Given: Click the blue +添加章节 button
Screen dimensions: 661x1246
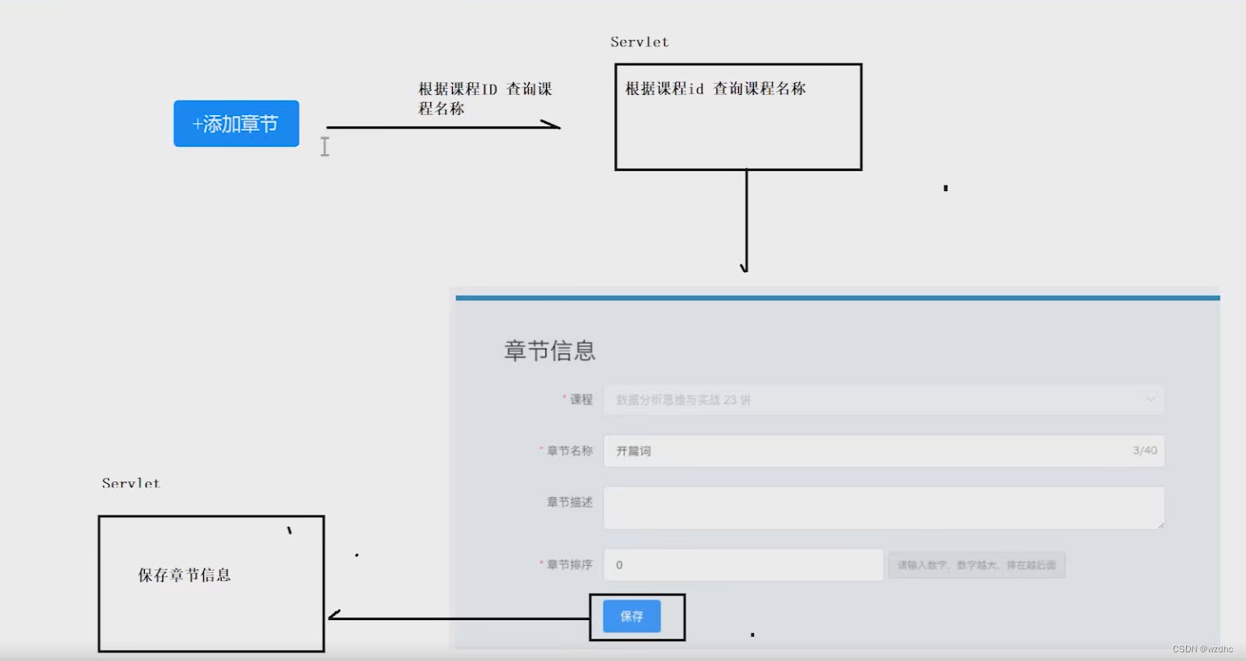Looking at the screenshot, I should [236, 124].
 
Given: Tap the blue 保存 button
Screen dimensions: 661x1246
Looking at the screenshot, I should [632, 617].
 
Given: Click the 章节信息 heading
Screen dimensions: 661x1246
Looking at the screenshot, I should [550, 351].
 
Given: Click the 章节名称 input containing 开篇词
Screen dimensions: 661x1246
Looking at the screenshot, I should [864, 452].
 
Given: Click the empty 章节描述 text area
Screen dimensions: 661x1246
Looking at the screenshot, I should [883, 508].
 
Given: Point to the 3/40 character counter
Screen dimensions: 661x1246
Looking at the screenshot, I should [1144, 451].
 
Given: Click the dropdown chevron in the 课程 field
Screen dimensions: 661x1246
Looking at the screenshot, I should [1150, 400].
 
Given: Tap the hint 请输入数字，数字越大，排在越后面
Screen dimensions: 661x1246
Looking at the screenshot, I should [976, 566].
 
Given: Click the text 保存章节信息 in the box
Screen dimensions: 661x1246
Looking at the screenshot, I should [184, 576].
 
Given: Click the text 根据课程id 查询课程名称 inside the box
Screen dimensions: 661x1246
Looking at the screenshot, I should [715, 89].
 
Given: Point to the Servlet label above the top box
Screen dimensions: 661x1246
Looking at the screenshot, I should [640, 42].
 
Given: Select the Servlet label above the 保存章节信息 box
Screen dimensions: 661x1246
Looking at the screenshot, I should [131, 483].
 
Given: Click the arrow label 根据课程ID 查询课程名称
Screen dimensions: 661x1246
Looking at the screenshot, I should [485, 99].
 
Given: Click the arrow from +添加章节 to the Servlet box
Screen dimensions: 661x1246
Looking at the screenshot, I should [442, 127].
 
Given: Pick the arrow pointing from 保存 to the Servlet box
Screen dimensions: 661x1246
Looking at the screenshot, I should [459, 618].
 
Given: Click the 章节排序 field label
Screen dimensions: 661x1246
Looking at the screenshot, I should [569, 565].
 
